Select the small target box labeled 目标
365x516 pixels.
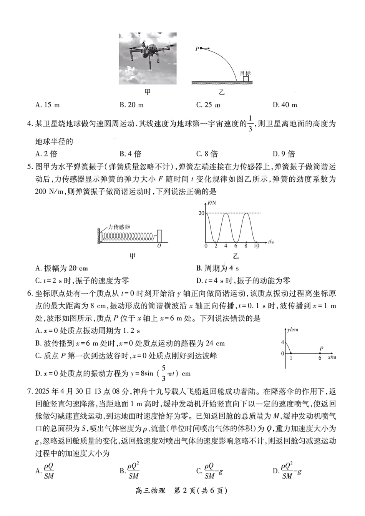[246, 79]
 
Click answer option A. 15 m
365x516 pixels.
[47, 105]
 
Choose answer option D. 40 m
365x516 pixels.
[285, 105]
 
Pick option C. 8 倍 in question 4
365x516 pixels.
[207, 154]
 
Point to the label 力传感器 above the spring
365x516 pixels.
[119, 227]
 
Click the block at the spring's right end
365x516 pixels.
[159, 235]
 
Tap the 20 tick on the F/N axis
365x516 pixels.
[201, 213]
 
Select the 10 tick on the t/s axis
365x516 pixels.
[256, 246]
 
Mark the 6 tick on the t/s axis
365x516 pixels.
[236, 246]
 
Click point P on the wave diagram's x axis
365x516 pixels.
[320, 353]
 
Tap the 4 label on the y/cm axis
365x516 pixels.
[282, 342]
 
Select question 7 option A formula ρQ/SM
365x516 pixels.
[46, 471]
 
